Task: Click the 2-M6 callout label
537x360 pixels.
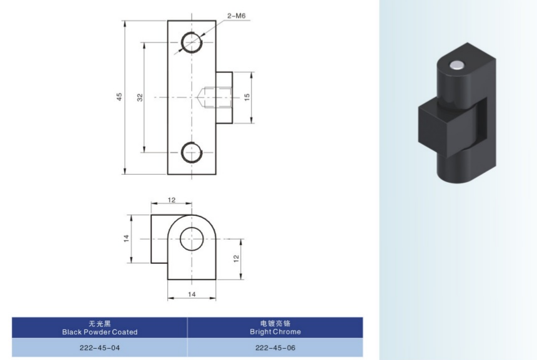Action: [x=236, y=16]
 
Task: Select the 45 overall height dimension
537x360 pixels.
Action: [x=119, y=97]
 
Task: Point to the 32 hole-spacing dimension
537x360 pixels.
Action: [x=140, y=97]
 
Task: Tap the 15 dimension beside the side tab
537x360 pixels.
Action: [x=247, y=97]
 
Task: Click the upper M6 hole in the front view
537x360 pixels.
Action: [x=192, y=42]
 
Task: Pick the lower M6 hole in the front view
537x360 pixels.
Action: [x=192, y=152]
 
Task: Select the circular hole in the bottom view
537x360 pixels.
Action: [x=192, y=239]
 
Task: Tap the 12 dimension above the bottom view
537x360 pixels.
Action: [x=172, y=200]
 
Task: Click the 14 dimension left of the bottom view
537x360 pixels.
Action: [x=126, y=238]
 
